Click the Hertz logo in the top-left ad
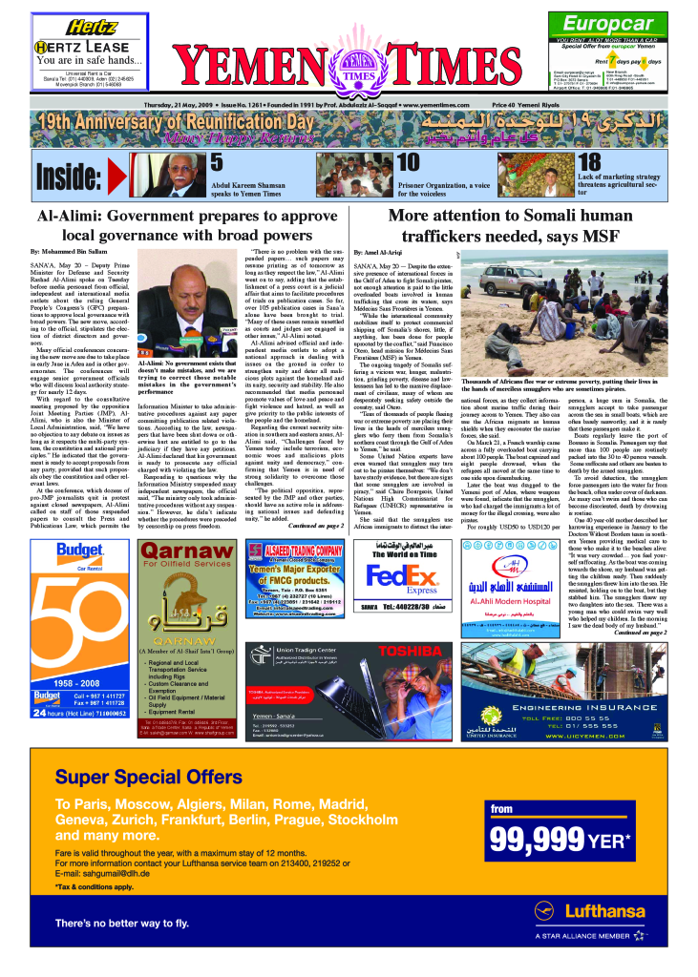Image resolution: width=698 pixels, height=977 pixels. click(78, 26)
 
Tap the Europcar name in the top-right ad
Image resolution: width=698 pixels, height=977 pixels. click(609, 24)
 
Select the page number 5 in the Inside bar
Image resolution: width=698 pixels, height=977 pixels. click(216, 163)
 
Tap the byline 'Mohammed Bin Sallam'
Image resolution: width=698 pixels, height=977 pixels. click(73, 250)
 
